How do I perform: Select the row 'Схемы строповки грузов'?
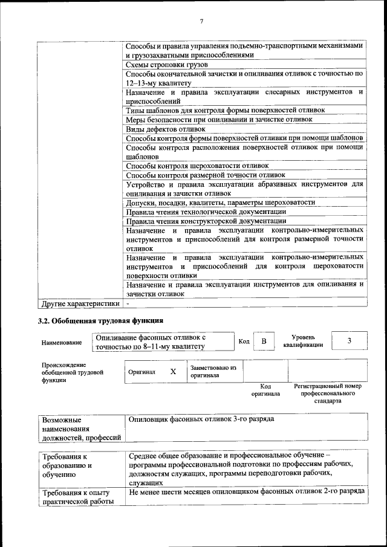167,64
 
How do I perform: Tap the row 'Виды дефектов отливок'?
166,129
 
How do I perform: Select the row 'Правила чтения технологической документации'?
206,212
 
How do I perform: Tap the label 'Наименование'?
62,343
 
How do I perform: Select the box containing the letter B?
264,341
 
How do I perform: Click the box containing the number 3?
349,341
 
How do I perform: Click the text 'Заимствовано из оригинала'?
213,371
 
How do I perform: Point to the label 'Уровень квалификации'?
303,341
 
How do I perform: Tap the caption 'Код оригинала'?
265,390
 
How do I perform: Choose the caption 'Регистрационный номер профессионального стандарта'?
327,393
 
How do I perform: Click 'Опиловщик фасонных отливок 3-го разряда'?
201,419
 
